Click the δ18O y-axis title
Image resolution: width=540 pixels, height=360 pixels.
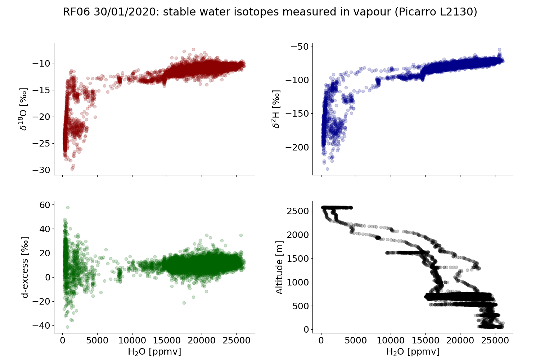pyautogui.click(x=24, y=109)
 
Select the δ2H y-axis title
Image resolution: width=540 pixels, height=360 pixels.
pyautogui.click(x=276, y=109)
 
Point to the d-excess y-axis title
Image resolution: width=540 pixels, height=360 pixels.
pyautogui.click(x=24, y=267)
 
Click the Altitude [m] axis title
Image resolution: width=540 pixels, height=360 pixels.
pyautogui.click(x=279, y=267)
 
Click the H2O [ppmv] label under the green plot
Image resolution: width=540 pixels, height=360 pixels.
pyautogui.click(x=154, y=352)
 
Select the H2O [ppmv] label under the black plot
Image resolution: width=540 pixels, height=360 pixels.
pyautogui.click(x=413, y=352)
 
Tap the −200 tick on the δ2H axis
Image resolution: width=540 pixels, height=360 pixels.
pyautogui.click(x=297, y=147)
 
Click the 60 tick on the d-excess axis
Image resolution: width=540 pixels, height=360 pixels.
pyautogui.click(x=46, y=204)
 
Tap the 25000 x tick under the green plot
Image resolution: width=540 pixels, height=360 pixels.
pyautogui.click(x=236, y=341)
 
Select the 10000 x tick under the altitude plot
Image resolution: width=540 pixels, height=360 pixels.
pyautogui.click(x=391, y=341)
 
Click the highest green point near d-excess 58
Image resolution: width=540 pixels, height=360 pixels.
pyautogui.click(x=68, y=207)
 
